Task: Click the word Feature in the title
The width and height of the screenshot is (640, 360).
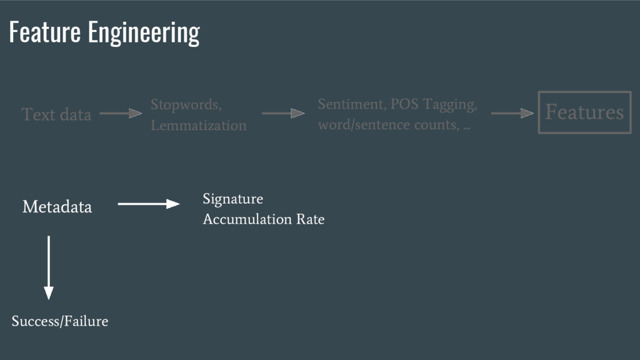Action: click(x=45, y=32)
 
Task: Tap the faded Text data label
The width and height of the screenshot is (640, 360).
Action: click(x=56, y=114)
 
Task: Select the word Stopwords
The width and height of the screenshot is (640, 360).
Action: click(x=186, y=104)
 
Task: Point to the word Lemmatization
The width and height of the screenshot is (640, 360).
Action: click(x=198, y=126)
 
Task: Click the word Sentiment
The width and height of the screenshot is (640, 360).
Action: click(x=351, y=104)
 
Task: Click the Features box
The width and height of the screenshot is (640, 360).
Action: click(x=584, y=112)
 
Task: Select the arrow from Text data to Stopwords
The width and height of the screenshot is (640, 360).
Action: click(x=121, y=114)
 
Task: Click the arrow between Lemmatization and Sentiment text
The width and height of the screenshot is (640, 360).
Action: click(x=282, y=114)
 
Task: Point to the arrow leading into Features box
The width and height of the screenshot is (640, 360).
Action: click(x=512, y=114)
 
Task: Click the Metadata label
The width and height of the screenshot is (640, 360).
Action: click(x=57, y=207)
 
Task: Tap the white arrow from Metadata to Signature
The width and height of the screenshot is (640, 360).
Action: click(x=148, y=204)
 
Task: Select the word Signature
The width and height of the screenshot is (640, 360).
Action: click(x=232, y=199)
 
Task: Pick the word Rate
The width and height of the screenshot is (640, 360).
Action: click(x=311, y=220)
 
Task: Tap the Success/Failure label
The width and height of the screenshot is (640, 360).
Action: click(x=60, y=321)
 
